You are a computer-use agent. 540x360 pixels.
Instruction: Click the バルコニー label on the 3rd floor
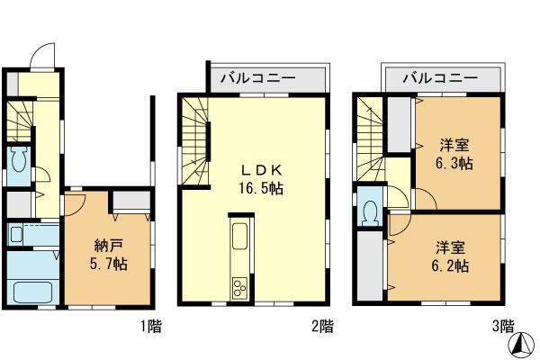click(x=440, y=78)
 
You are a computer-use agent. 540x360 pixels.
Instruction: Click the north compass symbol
click(x=519, y=342)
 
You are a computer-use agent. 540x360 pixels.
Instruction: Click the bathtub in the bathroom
click(x=32, y=292)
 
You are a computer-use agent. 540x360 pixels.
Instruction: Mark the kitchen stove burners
click(x=240, y=288)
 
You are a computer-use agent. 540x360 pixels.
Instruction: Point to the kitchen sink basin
click(x=240, y=239)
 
